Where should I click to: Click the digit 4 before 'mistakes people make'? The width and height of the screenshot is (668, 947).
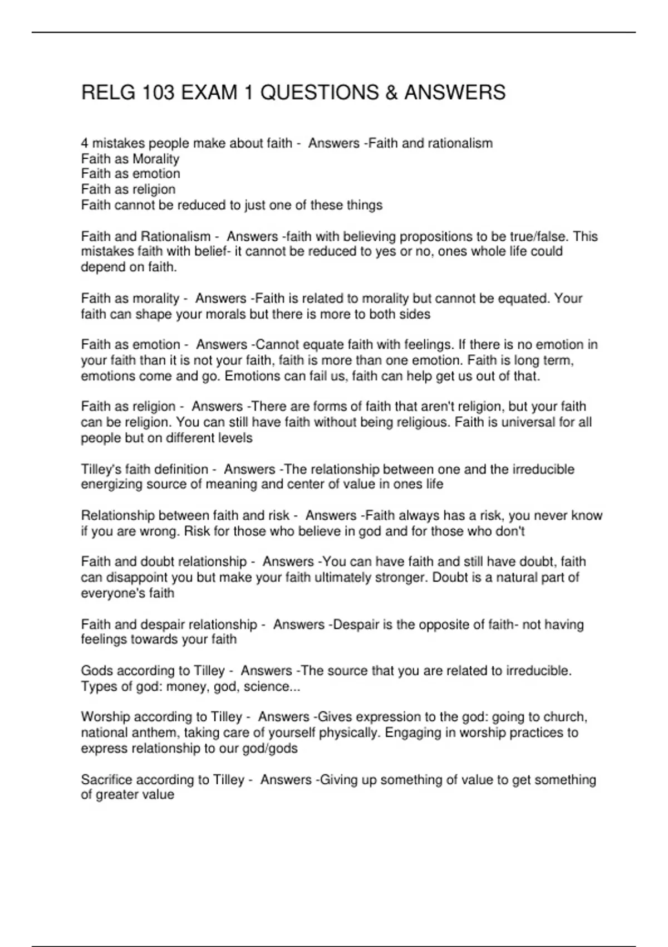click(x=85, y=143)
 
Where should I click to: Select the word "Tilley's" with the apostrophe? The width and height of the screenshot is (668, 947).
click(x=99, y=469)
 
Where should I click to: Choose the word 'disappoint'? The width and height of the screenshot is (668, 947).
click(x=136, y=577)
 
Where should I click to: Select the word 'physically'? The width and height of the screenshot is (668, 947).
click(x=349, y=733)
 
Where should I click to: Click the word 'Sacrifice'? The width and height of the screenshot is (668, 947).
click(x=106, y=779)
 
